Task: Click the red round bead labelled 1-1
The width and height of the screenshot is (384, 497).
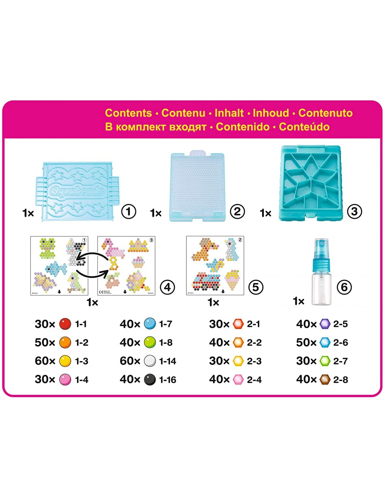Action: click(65, 324)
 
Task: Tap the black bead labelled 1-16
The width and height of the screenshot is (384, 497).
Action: click(150, 380)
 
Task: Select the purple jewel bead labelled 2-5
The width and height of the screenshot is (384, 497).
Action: click(325, 324)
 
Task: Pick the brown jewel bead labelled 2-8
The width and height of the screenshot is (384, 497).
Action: click(325, 380)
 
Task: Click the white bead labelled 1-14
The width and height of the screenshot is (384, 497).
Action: click(150, 361)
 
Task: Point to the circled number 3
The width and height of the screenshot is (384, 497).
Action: click(354, 211)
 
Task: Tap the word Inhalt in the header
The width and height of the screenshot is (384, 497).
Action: click(229, 113)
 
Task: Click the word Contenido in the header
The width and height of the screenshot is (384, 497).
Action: click(243, 127)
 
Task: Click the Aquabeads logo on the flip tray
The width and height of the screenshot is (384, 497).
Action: click(77, 190)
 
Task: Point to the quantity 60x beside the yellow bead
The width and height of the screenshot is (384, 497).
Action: click(45, 361)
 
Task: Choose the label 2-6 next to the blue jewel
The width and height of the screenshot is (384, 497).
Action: click(340, 343)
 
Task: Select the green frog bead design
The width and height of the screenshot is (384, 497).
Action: click(47, 248)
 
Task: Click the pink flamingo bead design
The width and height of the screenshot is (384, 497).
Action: click(112, 248)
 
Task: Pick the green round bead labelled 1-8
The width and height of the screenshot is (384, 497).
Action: click(150, 343)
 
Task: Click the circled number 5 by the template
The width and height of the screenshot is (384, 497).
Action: click(256, 287)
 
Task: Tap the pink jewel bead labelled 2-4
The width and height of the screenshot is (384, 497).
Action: click(238, 380)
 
